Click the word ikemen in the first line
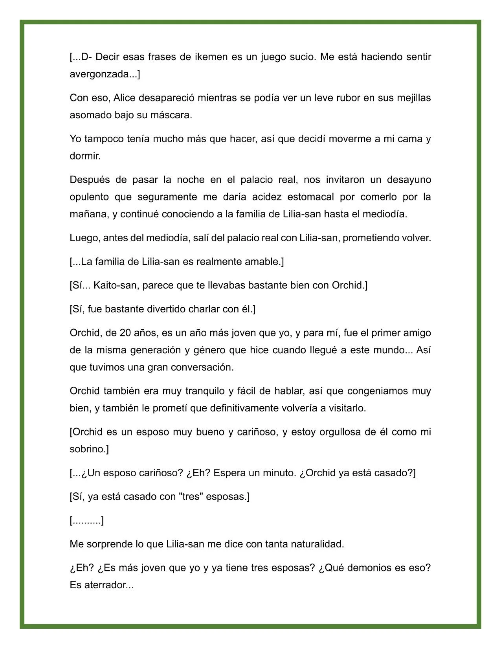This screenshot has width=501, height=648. click(211, 57)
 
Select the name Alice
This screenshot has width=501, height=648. click(125, 98)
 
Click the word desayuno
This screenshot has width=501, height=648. click(409, 180)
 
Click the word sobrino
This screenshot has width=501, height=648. click(88, 449)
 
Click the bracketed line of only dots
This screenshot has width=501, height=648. click(87, 521)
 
